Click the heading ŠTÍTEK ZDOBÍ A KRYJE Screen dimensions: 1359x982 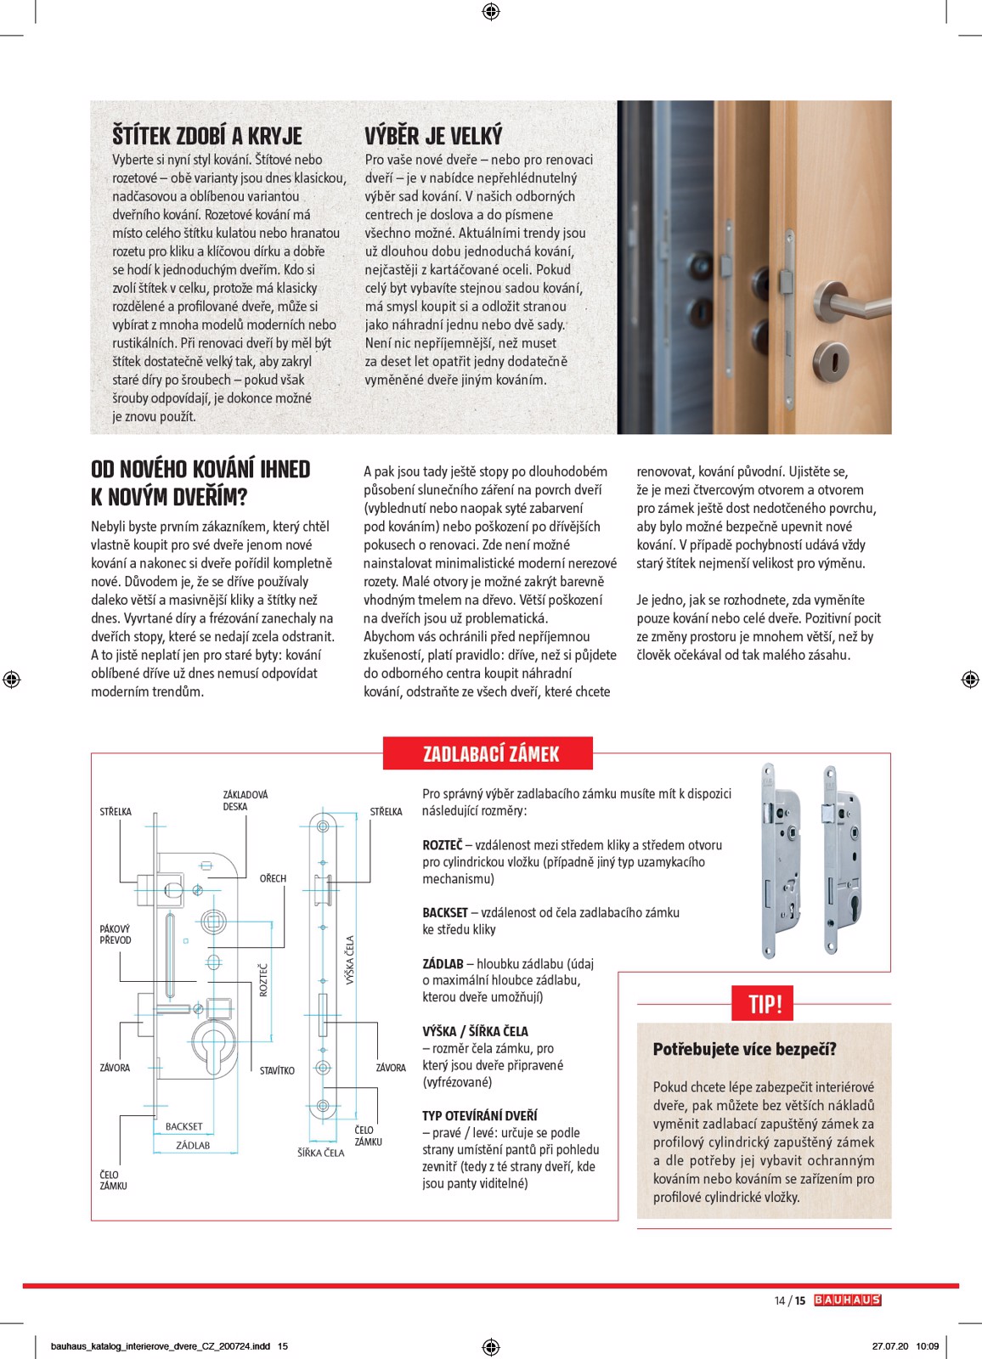pos(206,136)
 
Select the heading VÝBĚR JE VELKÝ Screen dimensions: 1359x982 pos(433,136)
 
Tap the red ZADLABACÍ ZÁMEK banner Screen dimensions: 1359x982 pos(490,753)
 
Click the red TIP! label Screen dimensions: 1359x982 pos(764,1004)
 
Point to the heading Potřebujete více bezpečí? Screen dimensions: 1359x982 pos(744,1049)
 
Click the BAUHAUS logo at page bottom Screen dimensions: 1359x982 pos(847,1300)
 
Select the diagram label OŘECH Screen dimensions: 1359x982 pos(273,878)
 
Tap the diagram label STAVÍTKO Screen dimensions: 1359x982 pos(277,1070)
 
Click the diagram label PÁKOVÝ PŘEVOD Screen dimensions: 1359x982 pos(115,934)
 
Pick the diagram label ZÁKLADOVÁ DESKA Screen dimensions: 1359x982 pos(245,800)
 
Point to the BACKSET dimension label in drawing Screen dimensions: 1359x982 pos(183,1126)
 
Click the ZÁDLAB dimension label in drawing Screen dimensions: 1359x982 pos(193,1145)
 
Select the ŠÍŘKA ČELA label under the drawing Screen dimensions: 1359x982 pos(320,1153)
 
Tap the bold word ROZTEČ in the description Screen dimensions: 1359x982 pos(442,845)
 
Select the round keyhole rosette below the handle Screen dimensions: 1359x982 pos(832,362)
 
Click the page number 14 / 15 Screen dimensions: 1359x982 pos(789,1300)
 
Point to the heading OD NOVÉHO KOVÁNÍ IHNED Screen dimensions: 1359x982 pos(200,470)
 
